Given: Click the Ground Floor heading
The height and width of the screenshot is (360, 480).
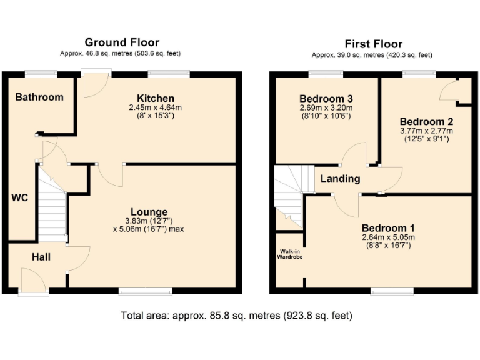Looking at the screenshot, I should pos(122,42).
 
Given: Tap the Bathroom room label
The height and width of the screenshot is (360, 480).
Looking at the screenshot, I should pos(39,97).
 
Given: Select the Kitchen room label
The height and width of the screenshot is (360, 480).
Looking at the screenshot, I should pos(156,98).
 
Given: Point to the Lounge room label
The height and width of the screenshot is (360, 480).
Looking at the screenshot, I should pos(149,212).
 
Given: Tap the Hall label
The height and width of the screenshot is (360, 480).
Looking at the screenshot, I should pos(41,257).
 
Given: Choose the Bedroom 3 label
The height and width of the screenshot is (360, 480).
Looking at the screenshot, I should pos(326,99).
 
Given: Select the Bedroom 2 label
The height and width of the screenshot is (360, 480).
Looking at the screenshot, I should pos(426,121).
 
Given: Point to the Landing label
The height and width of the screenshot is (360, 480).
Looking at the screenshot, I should pos(340,179).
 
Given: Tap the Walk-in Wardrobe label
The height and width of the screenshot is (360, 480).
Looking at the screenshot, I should pos(290,254).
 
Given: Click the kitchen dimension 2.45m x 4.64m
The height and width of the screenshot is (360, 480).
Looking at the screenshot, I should pos(156,107).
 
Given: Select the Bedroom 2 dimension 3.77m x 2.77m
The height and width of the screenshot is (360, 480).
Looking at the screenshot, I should pos(426,131).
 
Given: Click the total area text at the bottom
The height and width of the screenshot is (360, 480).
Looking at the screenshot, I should pos(237,316).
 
